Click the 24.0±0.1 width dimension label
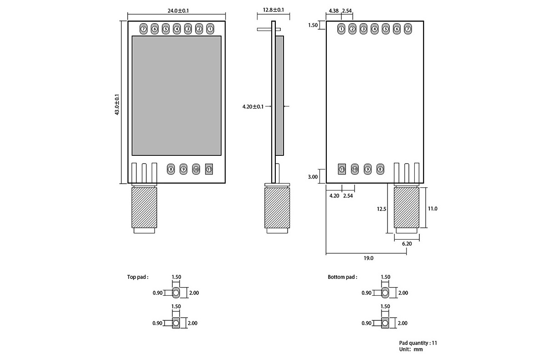pos(176,10)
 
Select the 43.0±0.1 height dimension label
pos(117,104)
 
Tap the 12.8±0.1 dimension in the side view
pos(273,10)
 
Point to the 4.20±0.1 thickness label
pos(253,107)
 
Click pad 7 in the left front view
pos(144,29)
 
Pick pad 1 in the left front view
pos(210,29)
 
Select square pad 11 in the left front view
pos(209,169)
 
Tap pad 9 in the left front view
pos(183,169)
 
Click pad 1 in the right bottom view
pos(341,29)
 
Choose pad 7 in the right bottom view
pos(408,29)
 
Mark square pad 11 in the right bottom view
pos(342,169)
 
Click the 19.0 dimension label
pos(369,258)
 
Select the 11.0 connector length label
pos(433,209)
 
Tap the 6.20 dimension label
pos(407,244)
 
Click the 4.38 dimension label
pos(333,10)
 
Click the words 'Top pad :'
pos(138,277)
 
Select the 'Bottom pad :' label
pos(342,277)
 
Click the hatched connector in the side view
pos(277,208)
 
